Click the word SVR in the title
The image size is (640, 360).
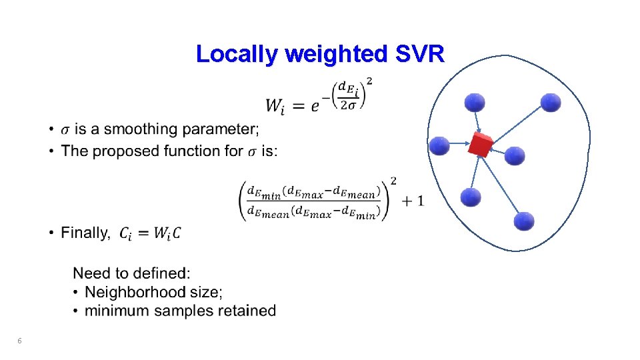[x=419, y=54]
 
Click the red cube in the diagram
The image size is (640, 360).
[x=480, y=145]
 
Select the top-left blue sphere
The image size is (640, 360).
[x=475, y=102]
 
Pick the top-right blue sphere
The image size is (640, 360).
[x=551, y=102]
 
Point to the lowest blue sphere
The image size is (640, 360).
[x=524, y=221]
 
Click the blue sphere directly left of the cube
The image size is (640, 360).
[x=439, y=145]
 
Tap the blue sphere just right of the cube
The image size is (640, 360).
[x=515, y=156]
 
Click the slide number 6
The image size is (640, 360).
[x=19, y=341]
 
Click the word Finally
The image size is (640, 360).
[x=85, y=233]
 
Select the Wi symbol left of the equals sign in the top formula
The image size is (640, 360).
[x=276, y=105]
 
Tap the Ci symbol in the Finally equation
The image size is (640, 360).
[x=127, y=233]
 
